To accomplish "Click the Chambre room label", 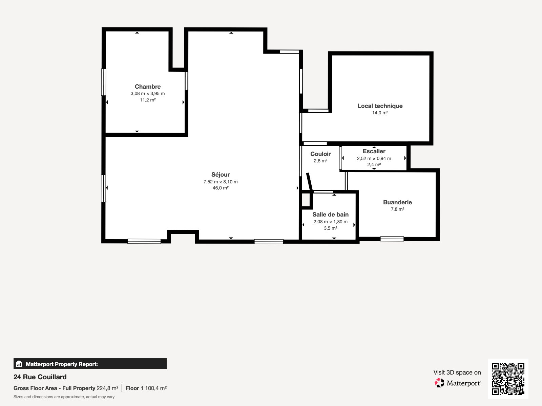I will [x=148, y=87].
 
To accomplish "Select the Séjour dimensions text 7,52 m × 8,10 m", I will [x=221, y=182].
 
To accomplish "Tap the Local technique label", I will [x=380, y=106].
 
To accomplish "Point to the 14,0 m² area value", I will [x=380, y=113].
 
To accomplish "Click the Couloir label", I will [x=320, y=154].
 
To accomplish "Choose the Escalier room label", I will [x=374, y=151].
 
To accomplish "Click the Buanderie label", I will [x=397, y=202].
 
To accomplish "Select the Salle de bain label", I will [x=330, y=215].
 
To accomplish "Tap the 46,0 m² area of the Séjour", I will [x=221, y=188].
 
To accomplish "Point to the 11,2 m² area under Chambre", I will [x=148, y=100].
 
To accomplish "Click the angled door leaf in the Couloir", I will [x=310, y=182].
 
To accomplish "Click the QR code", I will [x=508, y=379].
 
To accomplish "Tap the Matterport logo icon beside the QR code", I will [x=439, y=383].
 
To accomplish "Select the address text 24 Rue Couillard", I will [x=40, y=377].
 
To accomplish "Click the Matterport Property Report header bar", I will [x=90, y=364].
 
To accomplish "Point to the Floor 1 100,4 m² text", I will [x=146, y=388].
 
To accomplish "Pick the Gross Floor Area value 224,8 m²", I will [x=107, y=388].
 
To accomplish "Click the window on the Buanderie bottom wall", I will [x=392, y=239].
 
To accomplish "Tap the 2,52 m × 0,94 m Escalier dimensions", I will [x=374, y=158].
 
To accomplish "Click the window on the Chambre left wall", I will [x=104, y=82].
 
